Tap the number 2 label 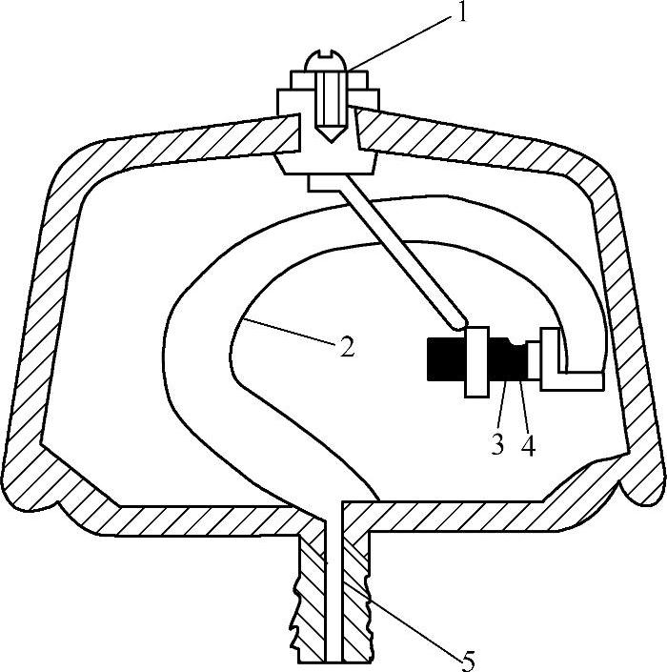click(x=347, y=346)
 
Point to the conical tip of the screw click(x=329, y=134)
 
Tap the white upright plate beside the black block click(x=476, y=362)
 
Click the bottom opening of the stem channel click(x=334, y=660)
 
